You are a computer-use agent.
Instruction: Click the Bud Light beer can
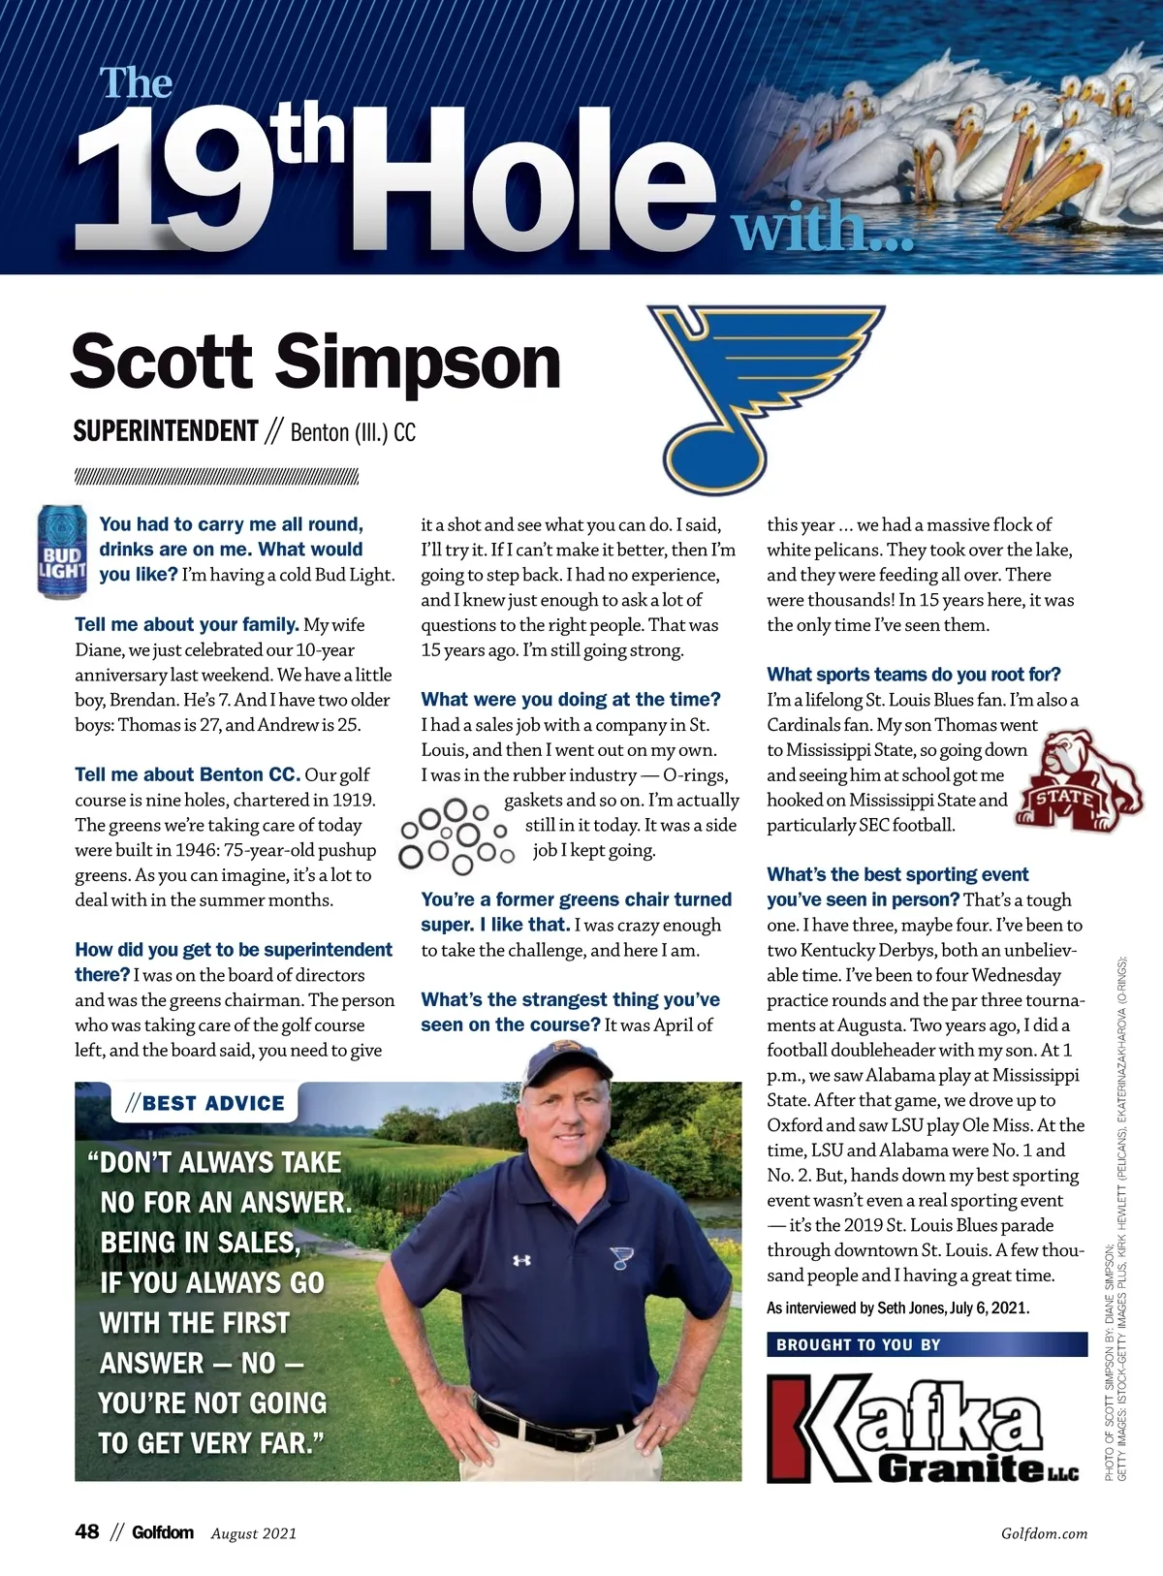(x=61, y=552)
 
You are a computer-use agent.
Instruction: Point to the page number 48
(x=87, y=1531)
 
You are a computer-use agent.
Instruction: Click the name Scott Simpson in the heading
(x=316, y=361)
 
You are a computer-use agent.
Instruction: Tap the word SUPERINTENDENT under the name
(x=166, y=431)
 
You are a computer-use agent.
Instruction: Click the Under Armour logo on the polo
(x=521, y=1261)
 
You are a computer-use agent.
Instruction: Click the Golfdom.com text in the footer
(x=1044, y=1533)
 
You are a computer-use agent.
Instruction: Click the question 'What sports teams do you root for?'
(x=913, y=675)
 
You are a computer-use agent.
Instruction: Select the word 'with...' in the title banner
(x=823, y=230)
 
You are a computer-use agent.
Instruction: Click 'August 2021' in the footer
(x=254, y=1533)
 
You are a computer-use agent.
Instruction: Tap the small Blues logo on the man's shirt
(x=620, y=1257)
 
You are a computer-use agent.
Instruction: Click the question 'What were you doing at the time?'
(x=571, y=700)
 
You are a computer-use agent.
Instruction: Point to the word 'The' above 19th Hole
(x=137, y=83)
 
